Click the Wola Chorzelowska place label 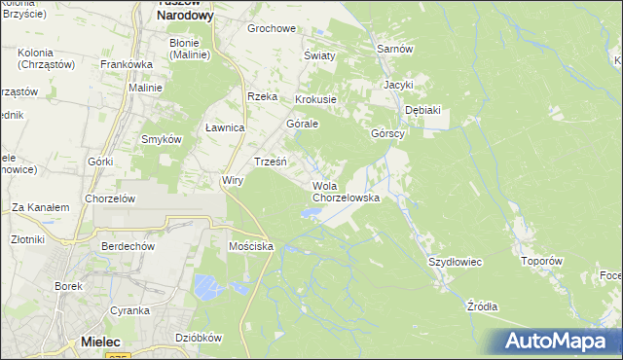point(345,191)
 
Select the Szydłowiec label point(456,263)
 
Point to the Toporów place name point(542,261)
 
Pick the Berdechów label point(128,246)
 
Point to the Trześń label point(270,161)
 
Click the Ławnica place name point(225,127)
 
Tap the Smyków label point(162,139)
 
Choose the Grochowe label point(271,28)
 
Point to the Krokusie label point(315,99)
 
